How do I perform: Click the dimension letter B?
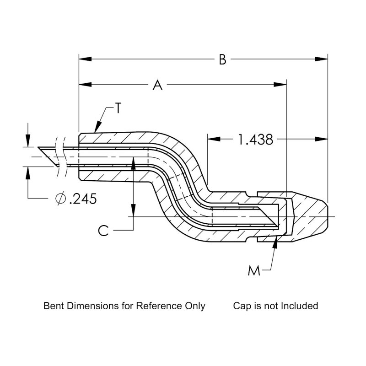[x=222, y=60]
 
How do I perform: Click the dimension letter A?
[x=157, y=85]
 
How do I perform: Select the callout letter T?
[x=118, y=108]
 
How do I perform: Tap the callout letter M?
[x=254, y=271]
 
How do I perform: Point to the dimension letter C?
[x=104, y=230]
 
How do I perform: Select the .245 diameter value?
[x=83, y=199]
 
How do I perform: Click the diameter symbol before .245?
[x=60, y=199]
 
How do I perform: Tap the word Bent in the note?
[x=54, y=306]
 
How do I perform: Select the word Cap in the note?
[x=241, y=306]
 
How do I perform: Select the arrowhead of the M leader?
[x=275, y=242]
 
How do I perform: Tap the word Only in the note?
[x=196, y=306]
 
